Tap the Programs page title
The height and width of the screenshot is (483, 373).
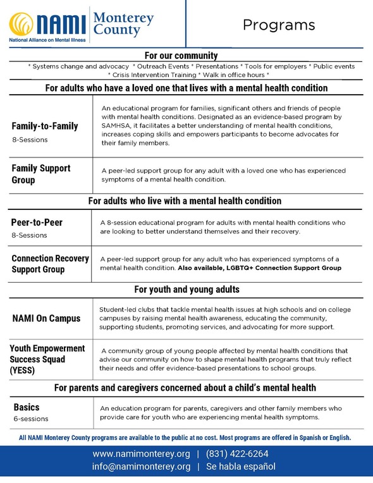[x=279, y=25]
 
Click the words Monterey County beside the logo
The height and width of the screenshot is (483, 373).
[x=123, y=24]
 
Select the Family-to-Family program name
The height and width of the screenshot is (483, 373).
[x=45, y=126]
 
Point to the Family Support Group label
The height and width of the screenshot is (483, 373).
[x=41, y=174]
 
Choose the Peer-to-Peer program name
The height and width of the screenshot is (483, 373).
[x=37, y=223]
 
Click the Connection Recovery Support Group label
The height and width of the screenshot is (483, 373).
[x=50, y=264]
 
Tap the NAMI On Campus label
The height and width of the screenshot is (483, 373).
[x=47, y=318]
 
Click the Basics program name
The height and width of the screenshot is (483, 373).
[x=27, y=407]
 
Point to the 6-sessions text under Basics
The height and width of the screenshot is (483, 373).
[x=30, y=419]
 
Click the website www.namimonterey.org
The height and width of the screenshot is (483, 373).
[x=141, y=454]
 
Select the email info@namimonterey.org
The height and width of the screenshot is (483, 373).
[x=141, y=467]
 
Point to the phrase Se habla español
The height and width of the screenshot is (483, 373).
[x=240, y=467]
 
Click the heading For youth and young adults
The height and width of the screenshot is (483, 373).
[x=186, y=290]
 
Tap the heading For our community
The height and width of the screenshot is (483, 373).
[x=181, y=56]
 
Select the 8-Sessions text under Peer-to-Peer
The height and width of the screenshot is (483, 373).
[x=30, y=235]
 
